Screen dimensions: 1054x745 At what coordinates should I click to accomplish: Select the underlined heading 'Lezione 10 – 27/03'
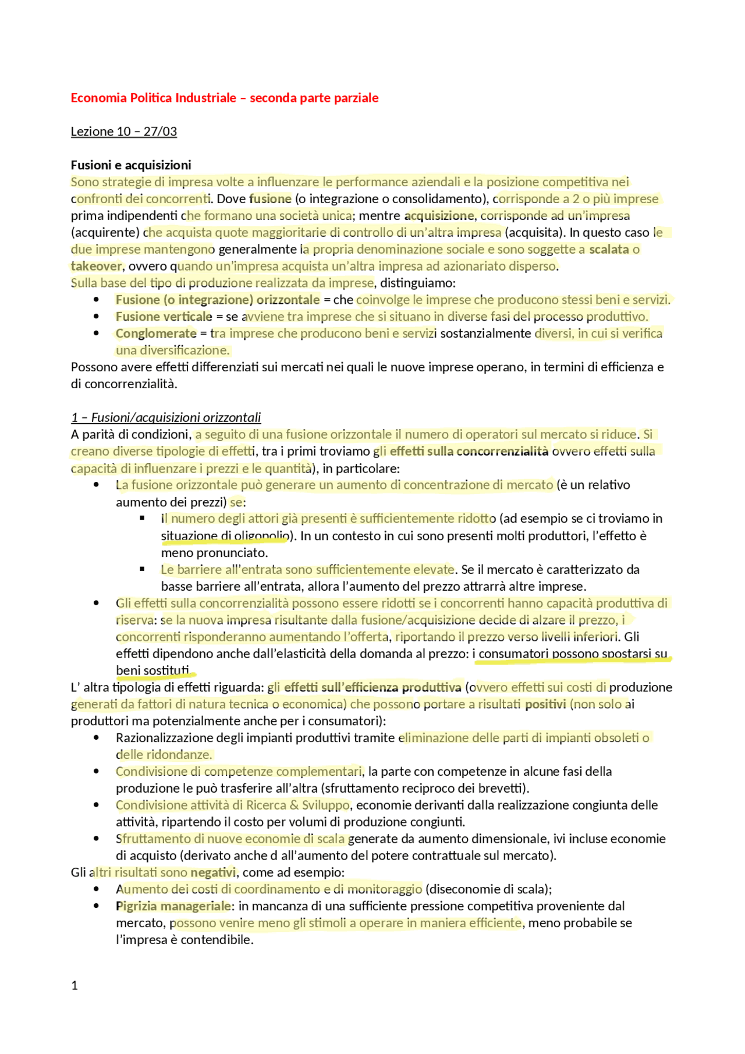(123, 132)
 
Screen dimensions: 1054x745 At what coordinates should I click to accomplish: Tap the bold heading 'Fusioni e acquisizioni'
(131, 165)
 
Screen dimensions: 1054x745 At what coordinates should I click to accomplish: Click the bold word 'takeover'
(97, 267)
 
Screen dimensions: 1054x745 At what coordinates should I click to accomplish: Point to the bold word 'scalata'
(609, 250)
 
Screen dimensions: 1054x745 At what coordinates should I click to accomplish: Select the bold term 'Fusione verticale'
(164, 317)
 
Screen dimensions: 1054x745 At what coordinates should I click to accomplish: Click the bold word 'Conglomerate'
(156, 333)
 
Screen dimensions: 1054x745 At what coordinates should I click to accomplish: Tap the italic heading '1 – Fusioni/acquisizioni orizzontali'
(166, 418)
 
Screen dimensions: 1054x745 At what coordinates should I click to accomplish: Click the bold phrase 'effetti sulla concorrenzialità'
(469, 452)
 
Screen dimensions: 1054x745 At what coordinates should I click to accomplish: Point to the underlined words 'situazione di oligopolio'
(225, 536)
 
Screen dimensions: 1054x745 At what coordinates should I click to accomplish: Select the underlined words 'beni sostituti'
(152, 670)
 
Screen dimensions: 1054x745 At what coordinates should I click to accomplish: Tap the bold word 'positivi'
(545, 704)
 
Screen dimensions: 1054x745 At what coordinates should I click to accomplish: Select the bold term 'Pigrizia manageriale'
(173, 906)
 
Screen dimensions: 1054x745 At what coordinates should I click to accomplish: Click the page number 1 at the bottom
(74, 985)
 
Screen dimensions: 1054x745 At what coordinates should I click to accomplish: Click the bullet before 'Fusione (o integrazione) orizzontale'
(97, 300)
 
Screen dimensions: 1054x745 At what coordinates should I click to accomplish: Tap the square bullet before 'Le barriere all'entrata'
(142, 569)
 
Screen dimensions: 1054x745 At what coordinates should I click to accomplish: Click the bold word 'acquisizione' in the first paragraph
(439, 216)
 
